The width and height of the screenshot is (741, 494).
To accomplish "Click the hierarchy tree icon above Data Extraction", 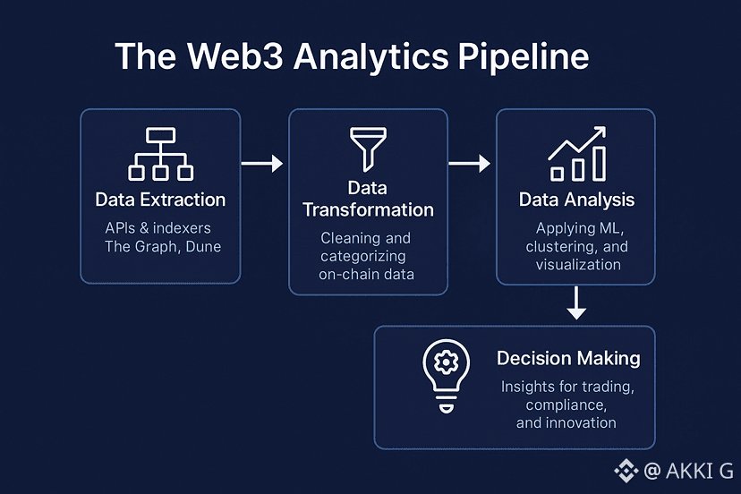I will tap(160, 154).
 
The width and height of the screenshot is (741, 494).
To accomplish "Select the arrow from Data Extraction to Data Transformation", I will tap(263, 164).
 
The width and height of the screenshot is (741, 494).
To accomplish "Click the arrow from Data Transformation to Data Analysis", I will tap(471, 164).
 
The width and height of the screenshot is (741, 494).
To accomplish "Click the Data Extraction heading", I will tap(160, 200).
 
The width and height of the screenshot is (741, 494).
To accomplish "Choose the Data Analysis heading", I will tap(577, 200).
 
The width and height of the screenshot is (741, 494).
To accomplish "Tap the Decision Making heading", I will tap(568, 359).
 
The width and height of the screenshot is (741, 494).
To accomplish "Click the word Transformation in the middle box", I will tap(368, 210).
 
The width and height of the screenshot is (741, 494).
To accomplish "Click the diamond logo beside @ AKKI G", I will tap(625, 469).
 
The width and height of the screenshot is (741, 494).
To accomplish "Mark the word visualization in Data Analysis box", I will tap(578, 265).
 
